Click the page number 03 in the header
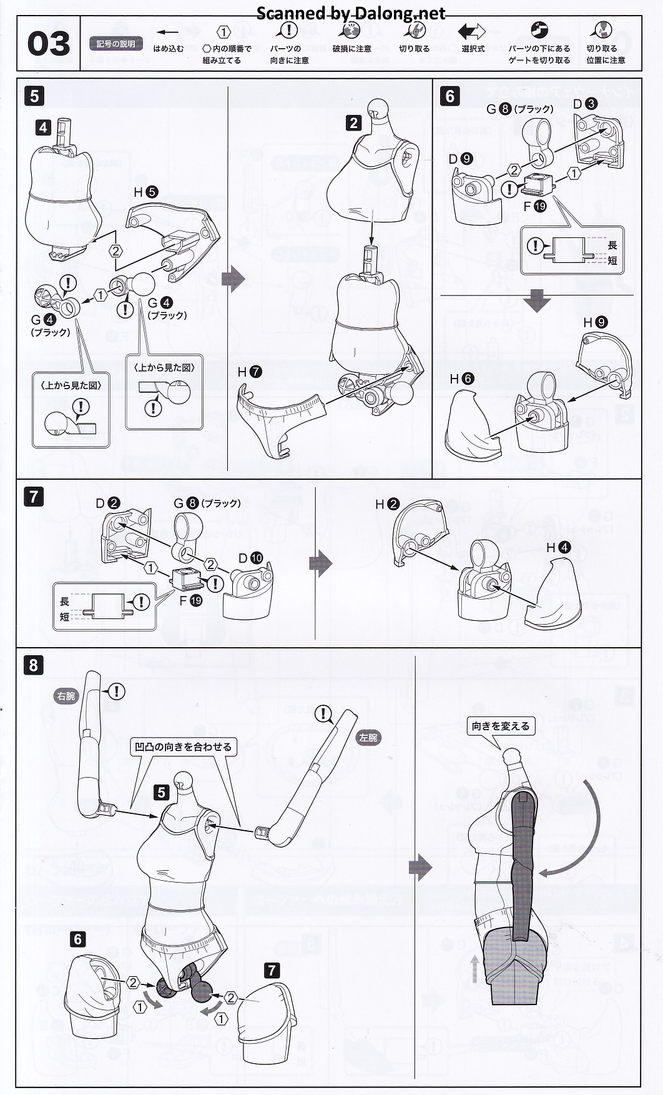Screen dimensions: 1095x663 tap(49, 44)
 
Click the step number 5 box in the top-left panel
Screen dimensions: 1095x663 tap(34, 96)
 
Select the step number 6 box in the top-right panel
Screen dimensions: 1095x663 tap(449, 96)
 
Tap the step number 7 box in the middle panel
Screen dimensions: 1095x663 tap(34, 497)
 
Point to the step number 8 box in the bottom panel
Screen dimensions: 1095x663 tap(34, 665)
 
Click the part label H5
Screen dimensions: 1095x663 tap(145, 192)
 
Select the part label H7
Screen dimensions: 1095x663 tap(249, 372)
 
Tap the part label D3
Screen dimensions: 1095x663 tap(585, 104)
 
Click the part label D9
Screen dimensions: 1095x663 tap(461, 159)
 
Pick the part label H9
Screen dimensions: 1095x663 tap(595, 322)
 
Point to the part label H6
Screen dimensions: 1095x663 tap(461, 379)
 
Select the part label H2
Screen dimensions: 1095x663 tap(387, 504)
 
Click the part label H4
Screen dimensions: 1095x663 tap(558, 548)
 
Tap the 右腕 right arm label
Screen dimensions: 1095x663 tap(66, 696)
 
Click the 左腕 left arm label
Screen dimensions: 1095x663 tap(368, 737)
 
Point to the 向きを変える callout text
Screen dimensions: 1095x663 tap(501, 726)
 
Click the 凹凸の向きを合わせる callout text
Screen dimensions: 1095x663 tap(183, 746)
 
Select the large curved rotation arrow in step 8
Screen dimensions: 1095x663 tap(591, 825)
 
